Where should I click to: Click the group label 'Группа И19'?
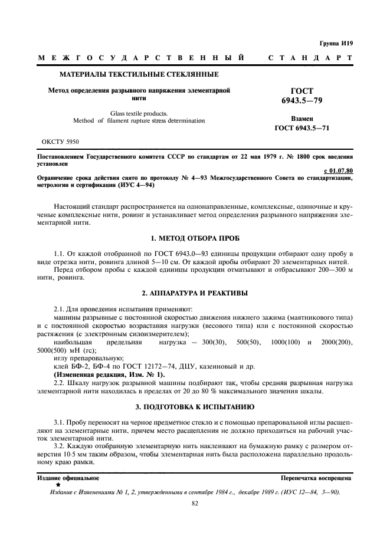pos(337,43)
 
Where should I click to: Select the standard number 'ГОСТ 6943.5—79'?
pos(302,96)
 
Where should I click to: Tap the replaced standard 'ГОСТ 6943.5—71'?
pos(302,127)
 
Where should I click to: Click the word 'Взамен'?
pos(302,118)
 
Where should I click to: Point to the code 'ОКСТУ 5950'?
pos(61,142)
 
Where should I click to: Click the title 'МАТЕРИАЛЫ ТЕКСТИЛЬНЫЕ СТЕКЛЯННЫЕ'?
pos(139,74)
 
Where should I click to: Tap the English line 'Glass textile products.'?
pos(139,112)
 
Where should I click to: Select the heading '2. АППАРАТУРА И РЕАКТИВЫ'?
pos(195,293)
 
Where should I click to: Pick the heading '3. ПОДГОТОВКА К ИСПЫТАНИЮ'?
pos(195,407)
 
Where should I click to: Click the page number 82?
pos(195,503)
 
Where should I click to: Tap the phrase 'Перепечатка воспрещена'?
pos(317,477)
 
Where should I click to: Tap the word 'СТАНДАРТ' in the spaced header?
pos(310,58)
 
